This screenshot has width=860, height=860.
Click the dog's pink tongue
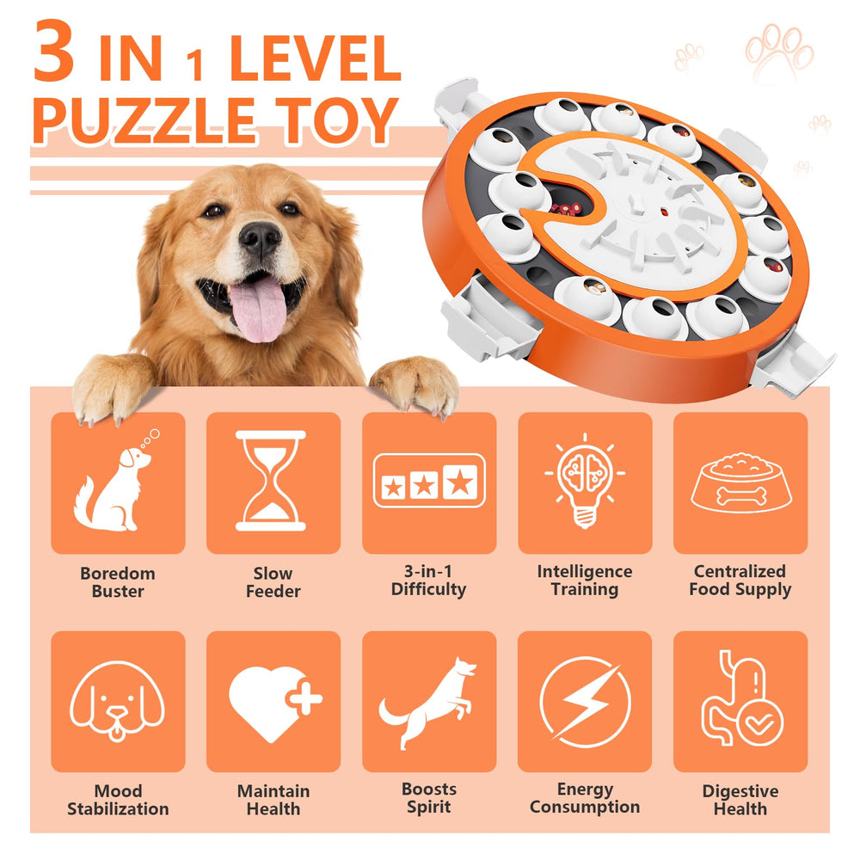click(x=257, y=308)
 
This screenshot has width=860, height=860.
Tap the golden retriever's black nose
click(x=260, y=238)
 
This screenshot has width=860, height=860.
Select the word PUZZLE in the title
click(x=142, y=120)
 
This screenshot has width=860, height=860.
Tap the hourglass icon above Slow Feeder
click(x=273, y=482)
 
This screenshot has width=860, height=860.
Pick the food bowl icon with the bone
click(x=740, y=483)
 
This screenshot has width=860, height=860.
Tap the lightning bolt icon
click(x=584, y=701)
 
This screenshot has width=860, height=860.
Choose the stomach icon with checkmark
click(x=740, y=701)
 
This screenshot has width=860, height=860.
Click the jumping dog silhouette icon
click(x=428, y=702)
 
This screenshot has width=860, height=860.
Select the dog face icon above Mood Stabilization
click(x=117, y=702)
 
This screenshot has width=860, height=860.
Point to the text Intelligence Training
click(x=584, y=580)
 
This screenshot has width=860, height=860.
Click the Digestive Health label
click(x=740, y=800)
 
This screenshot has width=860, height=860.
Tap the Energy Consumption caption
click(x=584, y=798)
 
